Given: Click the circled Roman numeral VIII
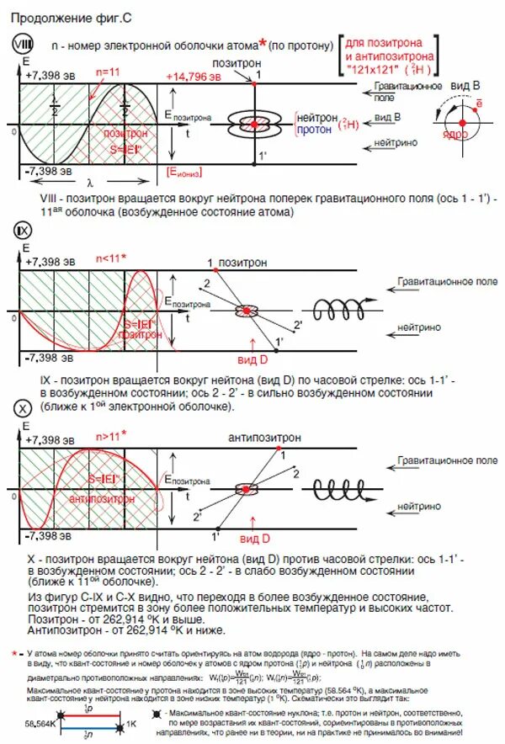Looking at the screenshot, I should click(x=21, y=43).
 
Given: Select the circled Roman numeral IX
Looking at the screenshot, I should click(x=21, y=231).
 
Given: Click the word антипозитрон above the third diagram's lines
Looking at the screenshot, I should click(x=259, y=438).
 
